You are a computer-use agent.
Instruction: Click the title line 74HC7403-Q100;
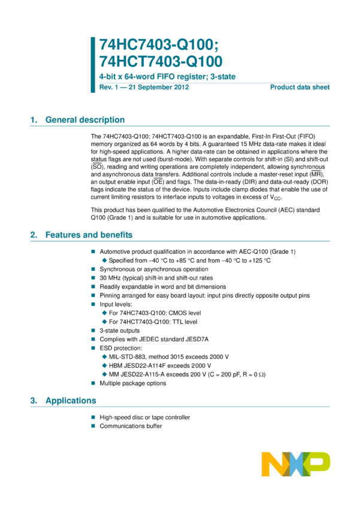tap(159, 44)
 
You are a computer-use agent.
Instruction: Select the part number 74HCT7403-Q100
tap(161, 61)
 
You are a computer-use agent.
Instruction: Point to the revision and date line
tap(144, 87)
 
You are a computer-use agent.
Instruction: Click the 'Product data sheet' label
tap(300, 87)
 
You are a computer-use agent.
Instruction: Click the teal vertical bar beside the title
tap(93, 65)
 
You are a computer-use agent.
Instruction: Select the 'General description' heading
tap(85, 120)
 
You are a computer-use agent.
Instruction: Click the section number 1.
tap(33, 120)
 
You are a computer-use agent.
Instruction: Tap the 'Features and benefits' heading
tap(89, 235)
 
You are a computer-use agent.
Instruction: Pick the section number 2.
tap(33, 235)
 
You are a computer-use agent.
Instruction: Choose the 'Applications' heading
tap(71, 401)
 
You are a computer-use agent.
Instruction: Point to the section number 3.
tap(33, 401)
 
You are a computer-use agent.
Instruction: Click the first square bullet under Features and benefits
tap(93, 252)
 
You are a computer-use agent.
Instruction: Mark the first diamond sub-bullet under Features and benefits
tap(104, 260)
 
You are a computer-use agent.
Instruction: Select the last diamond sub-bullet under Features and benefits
tap(104, 374)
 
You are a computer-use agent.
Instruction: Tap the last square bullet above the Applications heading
tap(93, 383)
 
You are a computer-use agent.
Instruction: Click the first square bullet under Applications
tap(93, 417)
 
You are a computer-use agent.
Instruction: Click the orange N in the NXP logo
tap(273, 464)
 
